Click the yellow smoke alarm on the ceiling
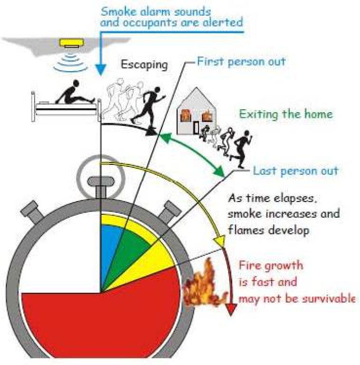point(71,43)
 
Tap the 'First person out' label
point(241,62)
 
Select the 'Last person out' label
point(295,171)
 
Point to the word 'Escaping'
point(144,65)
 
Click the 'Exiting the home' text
point(286,114)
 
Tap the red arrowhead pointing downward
point(231,309)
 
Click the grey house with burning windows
point(197,112)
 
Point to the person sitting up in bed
point(75,93)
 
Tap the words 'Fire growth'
point(271,266)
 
